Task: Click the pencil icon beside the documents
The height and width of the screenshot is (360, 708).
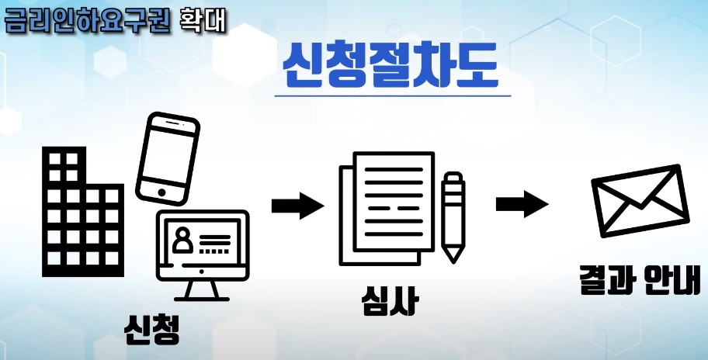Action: click(x=453, y=217)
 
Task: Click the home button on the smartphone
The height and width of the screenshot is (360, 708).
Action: click(x=161, y=192)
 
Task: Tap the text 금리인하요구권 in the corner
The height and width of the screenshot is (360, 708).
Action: click(x=87, y=21)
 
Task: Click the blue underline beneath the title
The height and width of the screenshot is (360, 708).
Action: click(x=393, y=95)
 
